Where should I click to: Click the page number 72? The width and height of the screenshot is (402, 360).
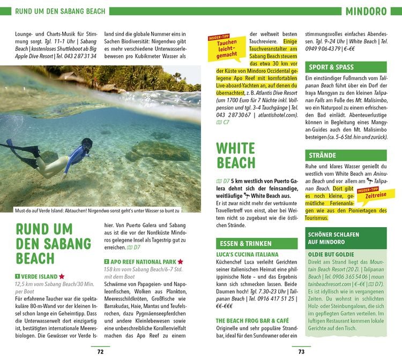100,351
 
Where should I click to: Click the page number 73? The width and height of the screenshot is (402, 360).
301,351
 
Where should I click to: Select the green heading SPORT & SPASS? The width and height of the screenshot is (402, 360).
331,67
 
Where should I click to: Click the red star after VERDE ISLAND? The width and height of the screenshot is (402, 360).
62,276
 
